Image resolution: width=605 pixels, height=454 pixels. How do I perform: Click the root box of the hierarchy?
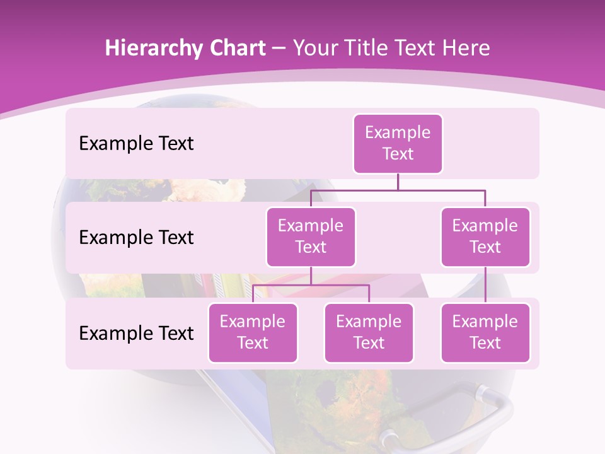coord(398,144)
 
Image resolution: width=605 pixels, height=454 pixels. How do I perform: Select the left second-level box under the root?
coord(311,237)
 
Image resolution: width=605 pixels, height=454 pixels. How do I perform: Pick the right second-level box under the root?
coord(485,237)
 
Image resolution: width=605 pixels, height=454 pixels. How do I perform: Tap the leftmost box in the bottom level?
coord(253,333)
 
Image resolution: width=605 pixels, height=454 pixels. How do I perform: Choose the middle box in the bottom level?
coord(369,333)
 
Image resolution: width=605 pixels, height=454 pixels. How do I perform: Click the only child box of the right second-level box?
coord(485,333)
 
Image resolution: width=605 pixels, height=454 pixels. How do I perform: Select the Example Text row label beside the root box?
coord(136,144)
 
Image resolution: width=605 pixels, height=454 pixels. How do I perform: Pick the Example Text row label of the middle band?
coord(136,238)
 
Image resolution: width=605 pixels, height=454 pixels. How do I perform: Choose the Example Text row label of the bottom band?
coord(136,334)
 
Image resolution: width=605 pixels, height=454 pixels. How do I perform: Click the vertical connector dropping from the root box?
coord(398,182)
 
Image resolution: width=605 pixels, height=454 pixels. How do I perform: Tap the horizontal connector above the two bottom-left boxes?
coord(311,285)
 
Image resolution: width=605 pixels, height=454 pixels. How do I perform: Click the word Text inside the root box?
coord(398,154)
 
